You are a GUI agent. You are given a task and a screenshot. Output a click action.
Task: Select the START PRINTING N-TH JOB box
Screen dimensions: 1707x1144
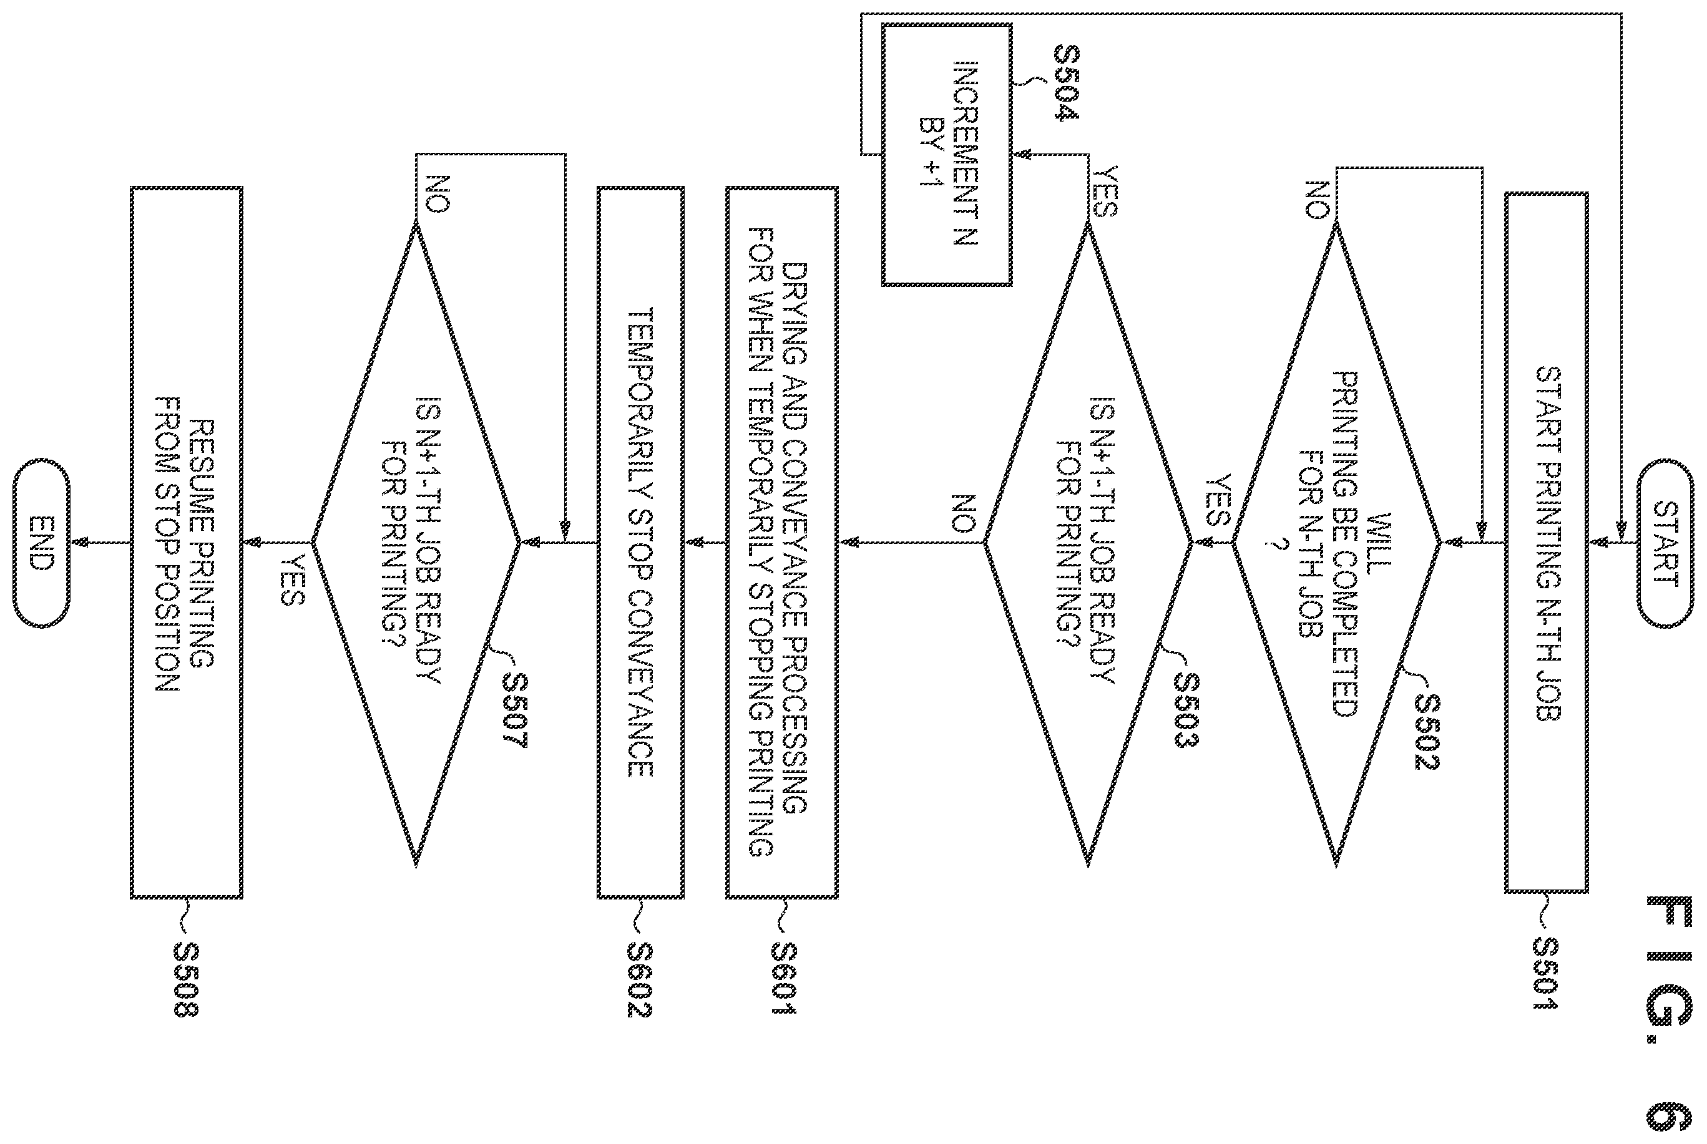click(1547, 543)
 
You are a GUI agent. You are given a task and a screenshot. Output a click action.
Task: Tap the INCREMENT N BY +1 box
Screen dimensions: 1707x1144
click(947, 154)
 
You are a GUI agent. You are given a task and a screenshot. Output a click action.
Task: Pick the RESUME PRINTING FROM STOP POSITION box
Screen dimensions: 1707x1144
click(186, 543)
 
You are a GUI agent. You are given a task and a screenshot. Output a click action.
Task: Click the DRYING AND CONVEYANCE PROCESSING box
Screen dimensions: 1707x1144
click(781, 543)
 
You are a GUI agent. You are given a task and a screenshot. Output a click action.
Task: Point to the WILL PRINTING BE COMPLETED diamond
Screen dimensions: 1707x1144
click(1336, 543)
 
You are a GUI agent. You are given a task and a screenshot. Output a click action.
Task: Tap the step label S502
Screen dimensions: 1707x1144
click(1427, 731)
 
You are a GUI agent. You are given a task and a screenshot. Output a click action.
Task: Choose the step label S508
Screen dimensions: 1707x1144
click(186, 980)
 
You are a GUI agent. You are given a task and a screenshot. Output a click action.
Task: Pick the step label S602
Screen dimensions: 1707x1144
click(640, 980)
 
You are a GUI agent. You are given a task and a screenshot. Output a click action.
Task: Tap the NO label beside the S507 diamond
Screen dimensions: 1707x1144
click(436, 194)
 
